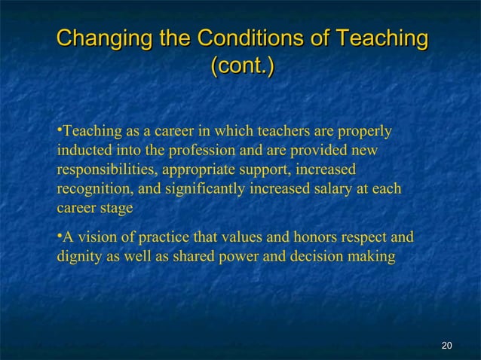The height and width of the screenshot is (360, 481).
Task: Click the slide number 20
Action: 446,345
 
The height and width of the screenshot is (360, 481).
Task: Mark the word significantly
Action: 199,189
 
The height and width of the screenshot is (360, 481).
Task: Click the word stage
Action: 117,208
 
